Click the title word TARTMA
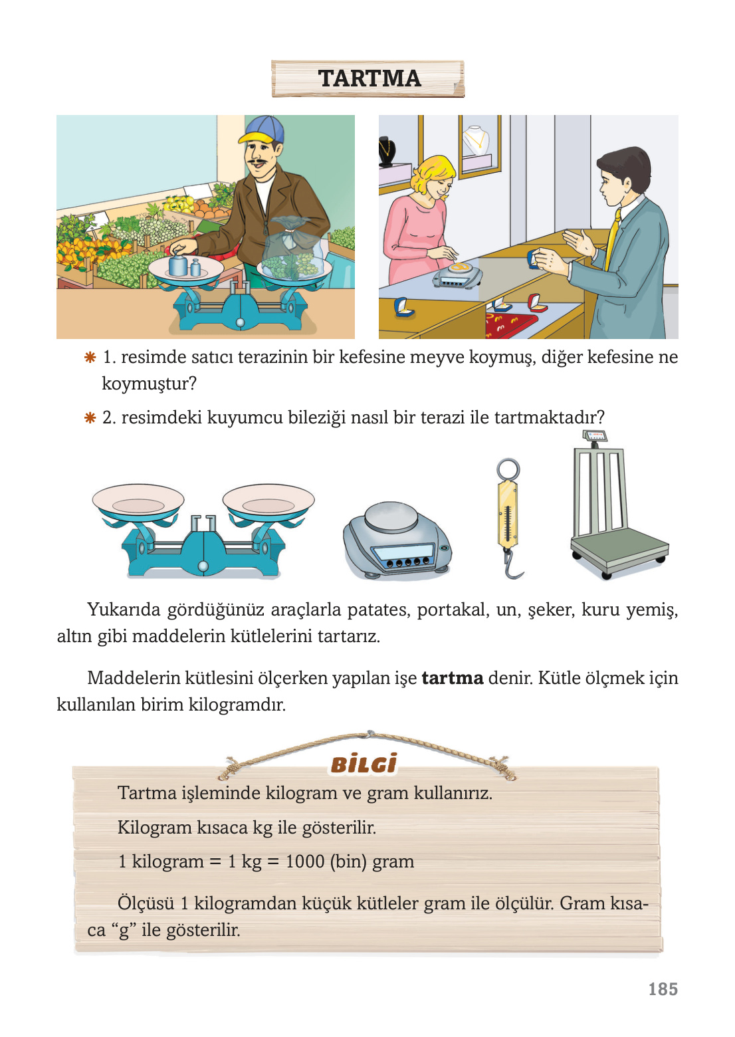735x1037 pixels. [369, 78]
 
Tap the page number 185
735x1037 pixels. [663, 989]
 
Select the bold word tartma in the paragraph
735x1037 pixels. [452, 678]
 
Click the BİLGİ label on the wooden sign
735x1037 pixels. [364, 764]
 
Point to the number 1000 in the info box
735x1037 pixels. [304, 862]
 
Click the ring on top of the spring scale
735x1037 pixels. [508, 469]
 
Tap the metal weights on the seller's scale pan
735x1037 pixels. [183, 265]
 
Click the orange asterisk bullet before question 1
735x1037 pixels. [90, 358]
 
